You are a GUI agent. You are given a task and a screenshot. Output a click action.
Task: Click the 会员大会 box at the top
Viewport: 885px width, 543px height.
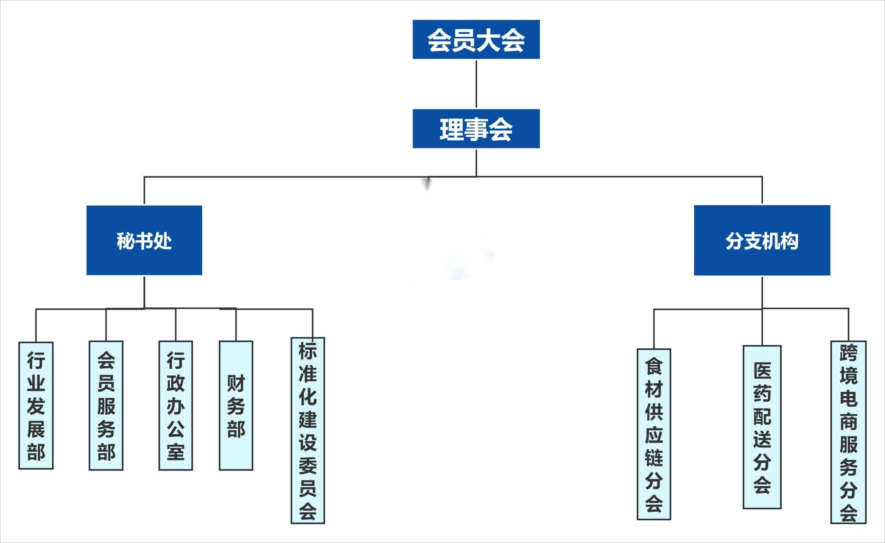(476, 39)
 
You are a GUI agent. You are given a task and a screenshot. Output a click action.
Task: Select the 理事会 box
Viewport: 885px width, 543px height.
(476, 129)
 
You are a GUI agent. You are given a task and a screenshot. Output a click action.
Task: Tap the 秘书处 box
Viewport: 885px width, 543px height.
(144, 240)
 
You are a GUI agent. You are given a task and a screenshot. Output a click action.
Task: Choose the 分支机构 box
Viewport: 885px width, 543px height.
(762, 240)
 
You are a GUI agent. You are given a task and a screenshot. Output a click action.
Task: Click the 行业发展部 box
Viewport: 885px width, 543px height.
(36, 405)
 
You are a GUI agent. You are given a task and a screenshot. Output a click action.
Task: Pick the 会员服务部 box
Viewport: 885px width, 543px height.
(106, 405)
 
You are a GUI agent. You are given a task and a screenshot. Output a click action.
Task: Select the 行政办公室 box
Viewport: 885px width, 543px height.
(176, 405)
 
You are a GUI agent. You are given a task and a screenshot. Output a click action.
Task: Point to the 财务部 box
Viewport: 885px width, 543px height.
(236, 405)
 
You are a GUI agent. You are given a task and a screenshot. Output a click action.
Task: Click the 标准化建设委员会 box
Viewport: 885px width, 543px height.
(308, 430)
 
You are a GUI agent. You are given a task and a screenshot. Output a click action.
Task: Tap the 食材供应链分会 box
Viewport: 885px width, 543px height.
(654, 434)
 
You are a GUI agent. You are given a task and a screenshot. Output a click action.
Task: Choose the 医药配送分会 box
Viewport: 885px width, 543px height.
(762, 427)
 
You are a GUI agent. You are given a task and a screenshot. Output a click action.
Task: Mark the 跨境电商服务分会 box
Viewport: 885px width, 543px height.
(848, 432)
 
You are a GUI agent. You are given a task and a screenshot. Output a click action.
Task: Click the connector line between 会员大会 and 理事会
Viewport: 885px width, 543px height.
(476, 84)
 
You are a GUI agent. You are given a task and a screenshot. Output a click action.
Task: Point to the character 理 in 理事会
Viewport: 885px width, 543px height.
(451, 130)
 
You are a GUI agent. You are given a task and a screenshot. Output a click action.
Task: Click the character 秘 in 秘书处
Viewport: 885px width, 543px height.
(126, 241)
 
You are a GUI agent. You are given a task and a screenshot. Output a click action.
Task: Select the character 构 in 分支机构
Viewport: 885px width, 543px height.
(789, 241)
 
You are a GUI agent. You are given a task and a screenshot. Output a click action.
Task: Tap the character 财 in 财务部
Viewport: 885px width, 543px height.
(236, 383)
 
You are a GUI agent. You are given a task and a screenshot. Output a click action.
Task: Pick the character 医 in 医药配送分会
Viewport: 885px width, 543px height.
(762, 371)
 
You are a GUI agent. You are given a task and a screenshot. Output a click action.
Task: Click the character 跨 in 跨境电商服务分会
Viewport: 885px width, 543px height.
(848, 353)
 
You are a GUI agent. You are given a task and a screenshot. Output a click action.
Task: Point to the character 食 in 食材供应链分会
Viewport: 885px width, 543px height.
(654, 366)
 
